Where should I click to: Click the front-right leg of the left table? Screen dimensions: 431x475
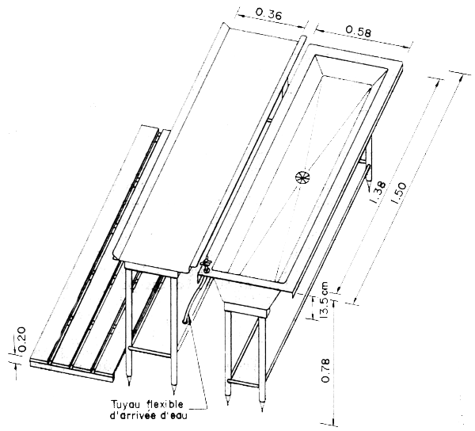tap(173, 333)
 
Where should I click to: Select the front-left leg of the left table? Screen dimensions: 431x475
tap(130, 333)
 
